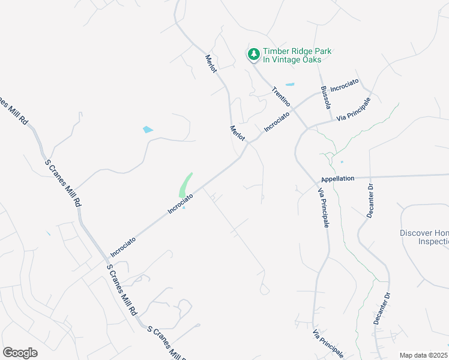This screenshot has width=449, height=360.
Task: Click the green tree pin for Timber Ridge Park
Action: coord(254,55)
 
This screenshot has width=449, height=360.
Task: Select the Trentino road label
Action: coord(280,97)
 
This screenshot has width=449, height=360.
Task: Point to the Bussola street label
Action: coord(325,98)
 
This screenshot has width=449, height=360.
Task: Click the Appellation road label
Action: coord(337,179)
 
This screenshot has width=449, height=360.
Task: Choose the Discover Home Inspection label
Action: coord(424,237)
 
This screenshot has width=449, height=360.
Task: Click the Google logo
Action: coord(20,353)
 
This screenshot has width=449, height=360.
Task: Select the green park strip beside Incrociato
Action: coord(185,185)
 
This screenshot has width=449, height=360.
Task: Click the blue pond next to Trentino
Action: coord(290,85)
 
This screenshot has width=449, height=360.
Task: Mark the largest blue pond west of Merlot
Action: coord(148,130)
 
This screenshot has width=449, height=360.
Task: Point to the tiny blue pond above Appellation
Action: coord(342,161)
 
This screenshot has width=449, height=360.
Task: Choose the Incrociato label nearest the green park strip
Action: coord(181,204)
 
